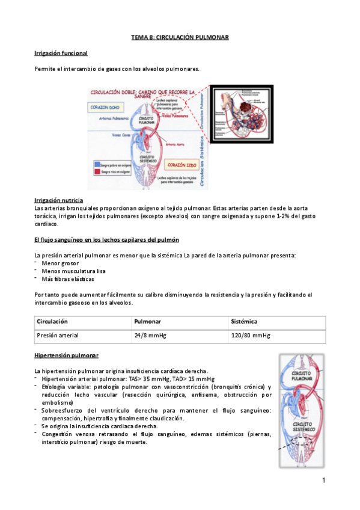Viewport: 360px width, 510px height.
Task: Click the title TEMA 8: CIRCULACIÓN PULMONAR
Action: (x=180, y=37)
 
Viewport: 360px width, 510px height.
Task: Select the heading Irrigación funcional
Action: (x=61, y=53)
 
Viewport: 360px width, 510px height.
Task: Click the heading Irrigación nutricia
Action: (x=59, y=200)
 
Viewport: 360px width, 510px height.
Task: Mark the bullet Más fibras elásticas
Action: (x=68, y=278)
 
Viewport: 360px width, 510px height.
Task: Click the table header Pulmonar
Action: (x=147, y=322)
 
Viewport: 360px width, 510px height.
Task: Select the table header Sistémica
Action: (x=244, y=322)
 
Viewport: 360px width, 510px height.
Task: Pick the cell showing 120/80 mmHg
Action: (x=250, y=336)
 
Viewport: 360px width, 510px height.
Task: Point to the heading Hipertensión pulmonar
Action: (x=67, y=355)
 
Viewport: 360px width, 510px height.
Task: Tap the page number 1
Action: (x=323, y=480)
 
